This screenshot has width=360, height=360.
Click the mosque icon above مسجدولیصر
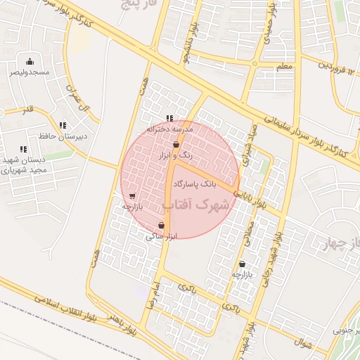point(29,61)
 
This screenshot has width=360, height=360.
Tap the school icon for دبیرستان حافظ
point(63,125)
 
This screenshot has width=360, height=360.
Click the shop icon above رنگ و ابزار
point(176,144)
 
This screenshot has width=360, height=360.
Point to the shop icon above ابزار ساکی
point(162,226)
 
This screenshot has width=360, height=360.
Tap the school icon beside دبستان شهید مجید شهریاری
point(23,149)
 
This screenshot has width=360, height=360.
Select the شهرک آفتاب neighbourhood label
point(196,205)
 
